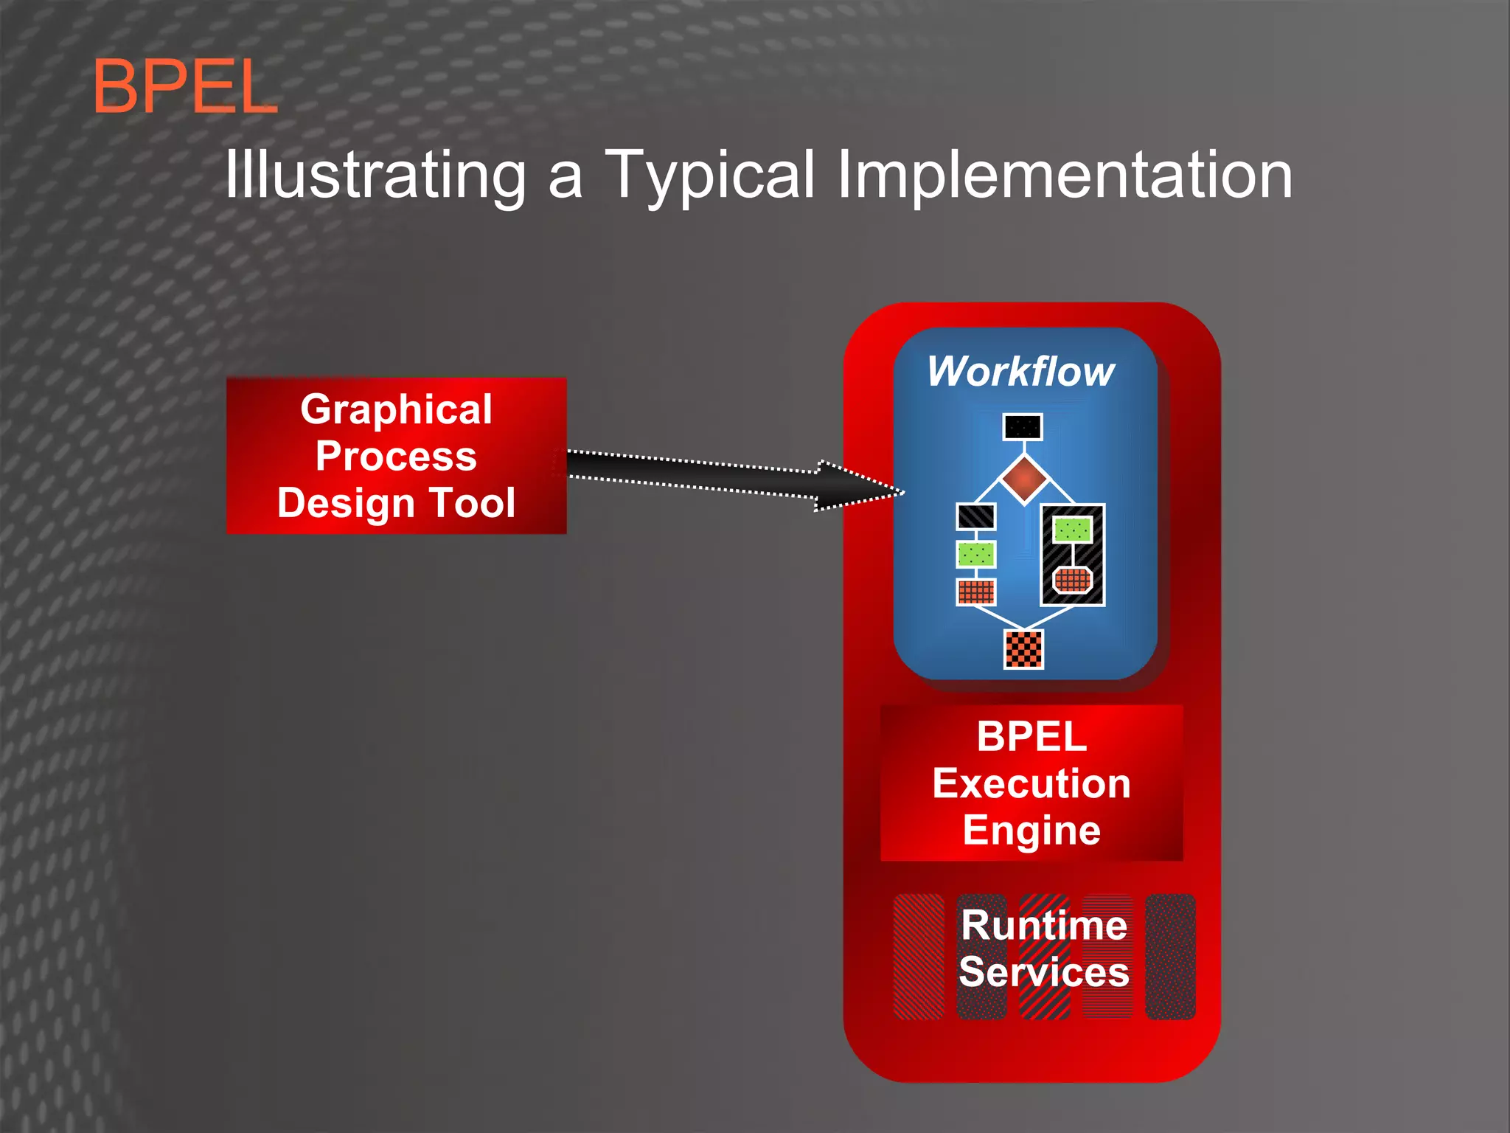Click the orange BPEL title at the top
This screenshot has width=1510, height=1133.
click(184, 87)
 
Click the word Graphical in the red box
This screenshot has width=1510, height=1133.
click(396, 409)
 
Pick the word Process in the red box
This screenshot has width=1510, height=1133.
click(396, 456)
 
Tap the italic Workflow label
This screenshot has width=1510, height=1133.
click(1021, 371)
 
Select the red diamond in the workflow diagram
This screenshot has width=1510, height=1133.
click(1024, 479)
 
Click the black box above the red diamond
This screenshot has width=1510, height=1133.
click(1023, 426)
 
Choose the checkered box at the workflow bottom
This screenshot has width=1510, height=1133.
click(1024, 649)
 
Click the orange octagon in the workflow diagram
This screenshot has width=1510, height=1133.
click(1072, 580)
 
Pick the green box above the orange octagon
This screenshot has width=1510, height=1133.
click(1072, 529)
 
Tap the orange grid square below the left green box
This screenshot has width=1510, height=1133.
click(975, 592)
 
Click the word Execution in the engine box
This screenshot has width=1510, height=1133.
click(1031, 783)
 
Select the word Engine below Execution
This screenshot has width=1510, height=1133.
click(1031, 831)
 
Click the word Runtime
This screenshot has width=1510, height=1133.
click(1044, 925)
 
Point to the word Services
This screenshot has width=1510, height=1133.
click(1044, 972)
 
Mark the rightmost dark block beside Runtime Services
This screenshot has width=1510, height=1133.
click(1170, 957)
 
